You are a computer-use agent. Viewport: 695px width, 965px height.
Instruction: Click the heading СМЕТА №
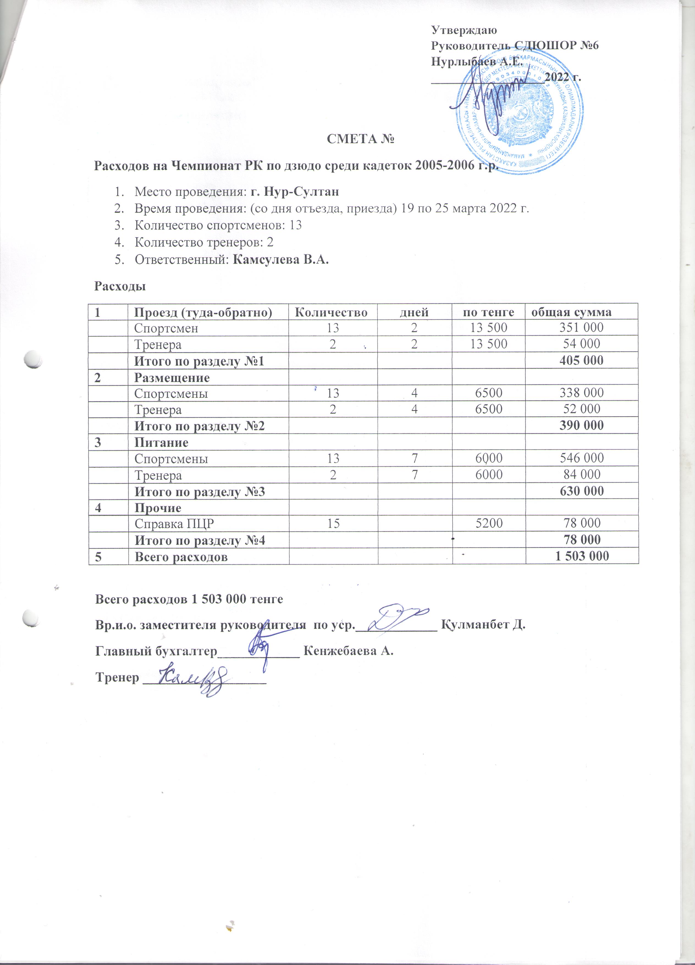click(x=360, y=139)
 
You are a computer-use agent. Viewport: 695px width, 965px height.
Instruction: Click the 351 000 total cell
click(x=581, y=328)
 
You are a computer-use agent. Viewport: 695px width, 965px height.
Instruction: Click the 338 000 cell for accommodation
click(x=581, y=393)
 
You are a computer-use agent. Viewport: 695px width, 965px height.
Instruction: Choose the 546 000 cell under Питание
click(x=581, y=458)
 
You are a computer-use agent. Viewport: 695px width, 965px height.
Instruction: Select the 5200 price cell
click(x=489, y=523)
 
